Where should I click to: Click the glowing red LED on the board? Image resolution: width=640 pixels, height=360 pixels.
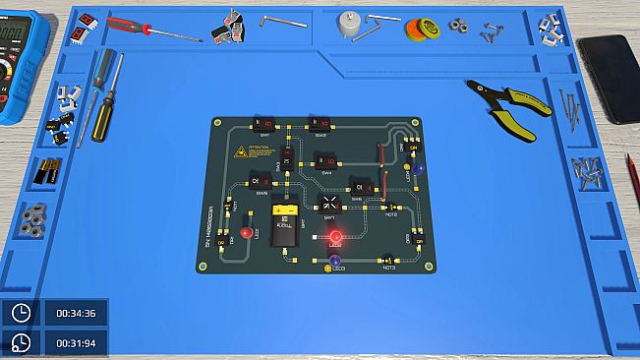[x=335, y=237]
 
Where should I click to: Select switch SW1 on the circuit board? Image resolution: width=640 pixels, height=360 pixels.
[x=266, y=124]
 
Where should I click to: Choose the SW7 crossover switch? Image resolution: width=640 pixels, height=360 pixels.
[x=330, y=204]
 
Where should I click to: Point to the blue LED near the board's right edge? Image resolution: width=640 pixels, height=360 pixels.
[x=418, y=169]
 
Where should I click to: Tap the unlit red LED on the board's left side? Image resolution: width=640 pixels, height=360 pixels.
[x=245, y=234]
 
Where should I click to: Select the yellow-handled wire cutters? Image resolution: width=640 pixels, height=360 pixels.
[x=505, y=109]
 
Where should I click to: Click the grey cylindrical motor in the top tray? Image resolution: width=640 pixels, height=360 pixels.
[x=348, y=24]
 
